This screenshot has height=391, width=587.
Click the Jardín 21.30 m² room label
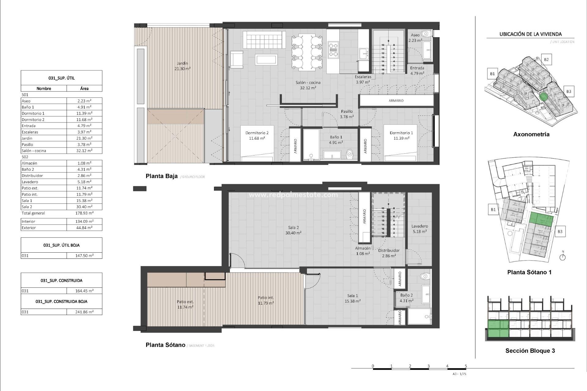click(182, 66)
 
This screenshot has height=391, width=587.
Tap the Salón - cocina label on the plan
click(308, 82)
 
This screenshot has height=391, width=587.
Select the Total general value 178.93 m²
click(84, 213)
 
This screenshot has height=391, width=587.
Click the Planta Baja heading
click(161, 176)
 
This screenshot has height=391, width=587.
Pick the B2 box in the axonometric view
click(546, 60)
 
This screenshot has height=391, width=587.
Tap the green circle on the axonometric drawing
click(543, 97)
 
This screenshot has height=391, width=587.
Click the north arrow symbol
click(563, 257)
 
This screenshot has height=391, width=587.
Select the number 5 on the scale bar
click(466, 366)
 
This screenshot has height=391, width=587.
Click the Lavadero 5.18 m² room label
click(419, 229)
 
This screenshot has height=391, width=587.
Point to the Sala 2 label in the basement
click(293, 228)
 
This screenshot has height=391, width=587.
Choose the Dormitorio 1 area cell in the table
click(84, 113)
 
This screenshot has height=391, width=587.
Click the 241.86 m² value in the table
click(84, 312)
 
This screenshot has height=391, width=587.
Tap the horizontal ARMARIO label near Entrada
click(396, 100)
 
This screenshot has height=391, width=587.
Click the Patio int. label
click(265, 298)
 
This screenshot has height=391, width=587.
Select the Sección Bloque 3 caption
click(530, 351)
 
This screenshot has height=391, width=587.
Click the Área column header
click(84, 89)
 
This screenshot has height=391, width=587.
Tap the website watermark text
click(293, 195)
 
